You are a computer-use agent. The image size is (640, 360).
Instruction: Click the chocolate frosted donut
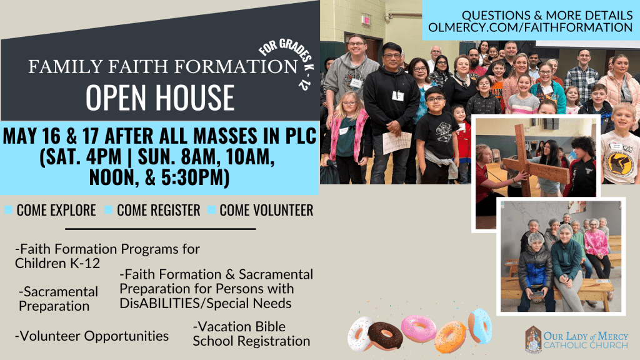(x=385, y=336)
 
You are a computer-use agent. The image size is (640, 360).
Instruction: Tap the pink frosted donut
(x=419, y=328)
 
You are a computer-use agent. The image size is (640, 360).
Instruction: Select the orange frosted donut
(x=451, y=337)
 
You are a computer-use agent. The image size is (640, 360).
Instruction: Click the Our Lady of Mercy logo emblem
(x=533, y=339)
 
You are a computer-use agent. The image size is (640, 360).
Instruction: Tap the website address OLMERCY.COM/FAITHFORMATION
(x=530, y=27)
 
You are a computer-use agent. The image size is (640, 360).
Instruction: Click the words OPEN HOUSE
(x=160, y=98)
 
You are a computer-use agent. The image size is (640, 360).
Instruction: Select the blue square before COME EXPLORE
(x=8, y=210)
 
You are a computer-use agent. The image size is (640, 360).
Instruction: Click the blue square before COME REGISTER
(x=108, y=210)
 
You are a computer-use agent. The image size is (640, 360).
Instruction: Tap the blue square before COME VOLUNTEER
(x=211, y=210)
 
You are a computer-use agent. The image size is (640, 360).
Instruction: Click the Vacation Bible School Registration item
(x=251, y=334)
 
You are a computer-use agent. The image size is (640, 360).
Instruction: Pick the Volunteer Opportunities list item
(x=92, y=336)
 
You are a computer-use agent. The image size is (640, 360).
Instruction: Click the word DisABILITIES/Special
(x=205, y=303)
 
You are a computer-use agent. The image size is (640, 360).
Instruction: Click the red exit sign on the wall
(x=366, y=19)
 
